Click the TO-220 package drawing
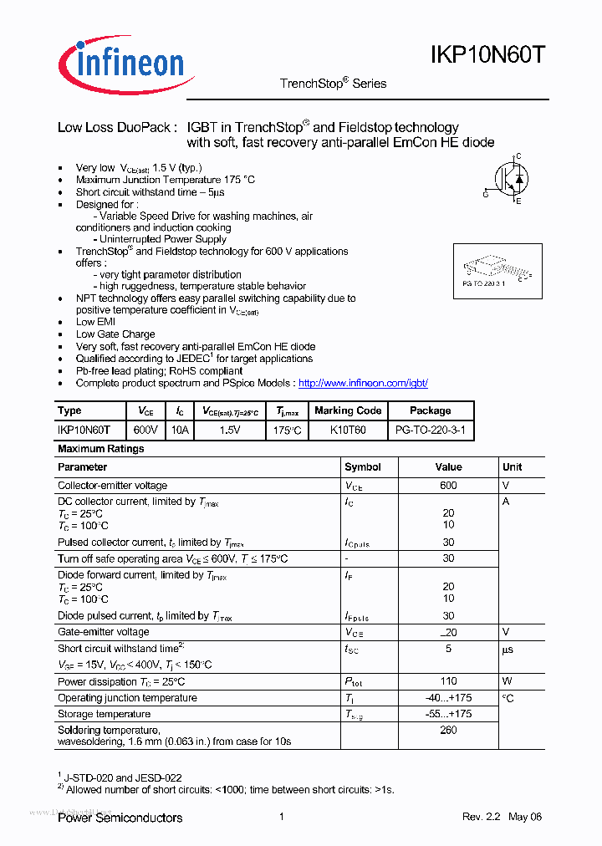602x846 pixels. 497,269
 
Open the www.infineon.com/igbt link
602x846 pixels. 363,383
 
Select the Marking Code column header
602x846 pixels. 348,410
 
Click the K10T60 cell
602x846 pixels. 348,430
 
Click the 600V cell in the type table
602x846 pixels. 145,430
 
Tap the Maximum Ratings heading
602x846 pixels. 101,449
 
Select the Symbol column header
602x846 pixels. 363,467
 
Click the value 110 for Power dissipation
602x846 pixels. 448,681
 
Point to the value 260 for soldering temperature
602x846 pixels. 448,730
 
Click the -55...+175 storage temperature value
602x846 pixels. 448,714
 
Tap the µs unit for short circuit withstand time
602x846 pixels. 508,649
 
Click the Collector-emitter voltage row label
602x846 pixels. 112,486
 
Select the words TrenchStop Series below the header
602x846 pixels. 333,84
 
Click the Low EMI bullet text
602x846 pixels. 95,322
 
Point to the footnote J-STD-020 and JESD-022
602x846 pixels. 123,777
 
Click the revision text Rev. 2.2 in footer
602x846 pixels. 481,817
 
